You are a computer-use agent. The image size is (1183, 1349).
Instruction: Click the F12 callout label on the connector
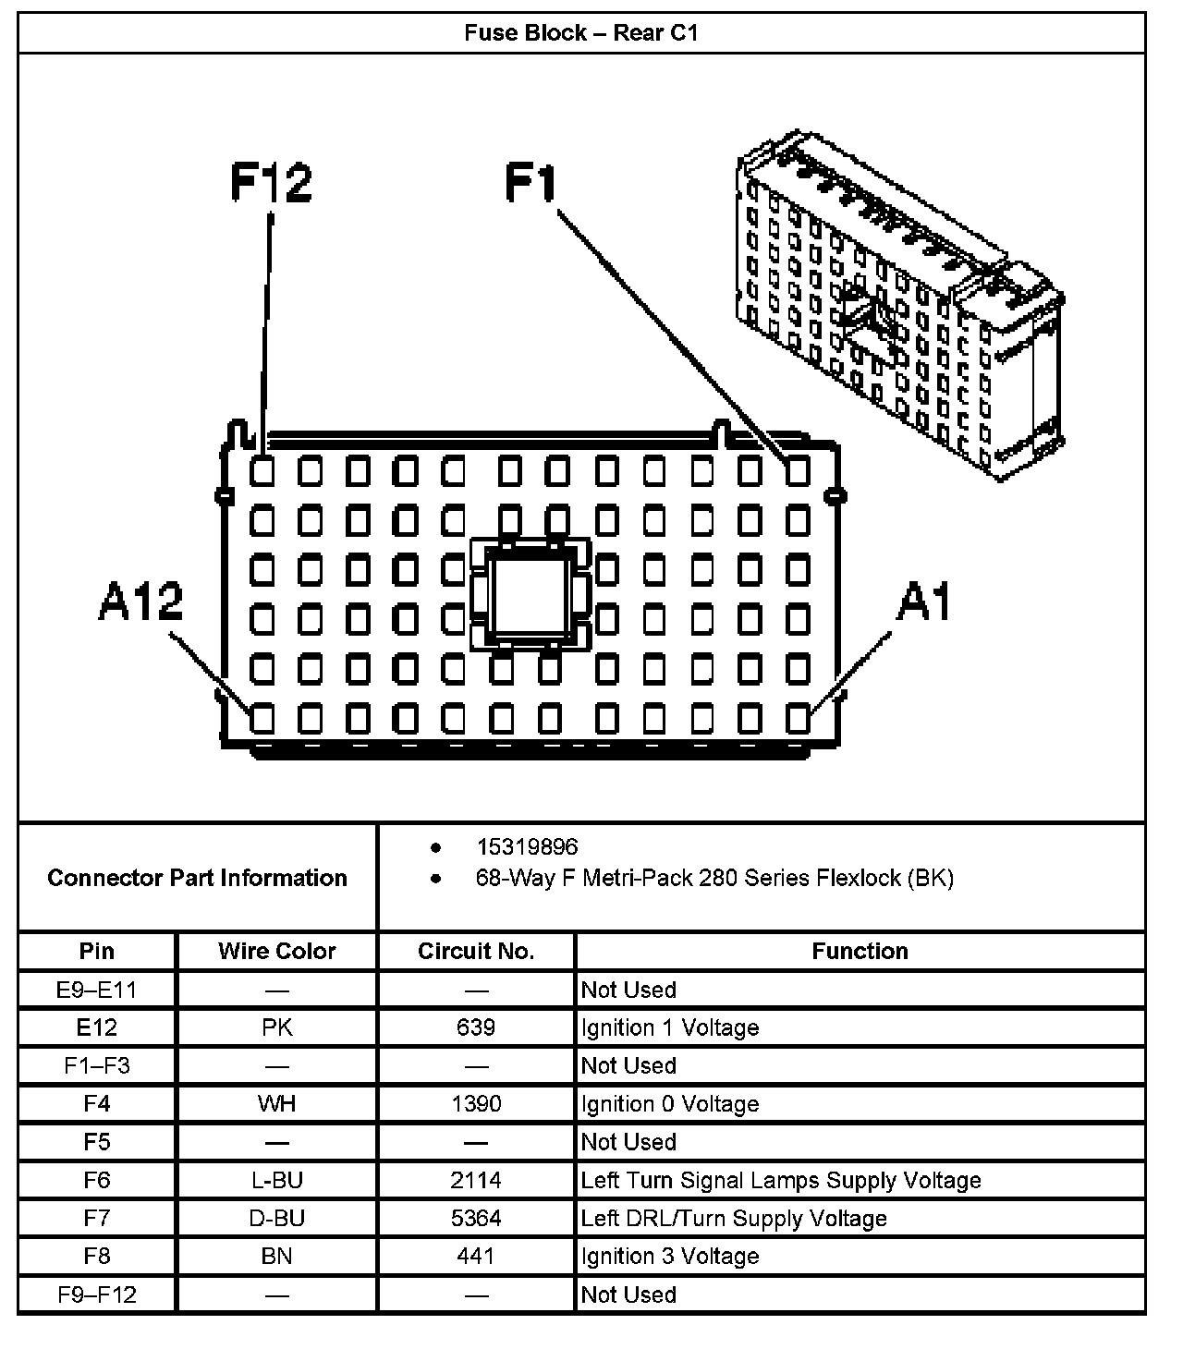tap(270, 182)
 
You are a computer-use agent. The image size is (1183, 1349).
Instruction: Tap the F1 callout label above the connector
tap(531, 182)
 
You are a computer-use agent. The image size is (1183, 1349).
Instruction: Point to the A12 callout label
tap(140, 602)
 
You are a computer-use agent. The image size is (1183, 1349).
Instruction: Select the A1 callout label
tap(924, 602)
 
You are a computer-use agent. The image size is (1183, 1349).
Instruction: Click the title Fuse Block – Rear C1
tap(581, 33)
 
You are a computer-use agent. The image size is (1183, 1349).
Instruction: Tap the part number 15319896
tap(527, 846)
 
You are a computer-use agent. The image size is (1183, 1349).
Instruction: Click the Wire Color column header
tap(276, 951)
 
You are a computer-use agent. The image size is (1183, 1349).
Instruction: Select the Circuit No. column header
tap(476, 951)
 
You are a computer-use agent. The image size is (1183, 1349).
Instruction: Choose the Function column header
tap(860, 951)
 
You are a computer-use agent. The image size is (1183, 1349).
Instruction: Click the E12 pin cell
tap(97, 1027)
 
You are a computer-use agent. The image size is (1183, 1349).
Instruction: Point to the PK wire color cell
tap(276, 1027)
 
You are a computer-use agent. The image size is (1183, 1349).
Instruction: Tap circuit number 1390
tap(476, 1103)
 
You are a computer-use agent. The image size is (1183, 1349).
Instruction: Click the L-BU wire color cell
tap(276, 1180)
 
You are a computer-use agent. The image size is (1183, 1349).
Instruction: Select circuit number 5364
tap(476, 1218)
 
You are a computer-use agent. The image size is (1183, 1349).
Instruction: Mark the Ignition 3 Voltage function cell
tap(670, 1256)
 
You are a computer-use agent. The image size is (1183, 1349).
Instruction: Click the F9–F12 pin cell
tap(97, 1294)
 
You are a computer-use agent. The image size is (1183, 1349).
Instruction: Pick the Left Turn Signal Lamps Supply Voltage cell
tap(781, 1180)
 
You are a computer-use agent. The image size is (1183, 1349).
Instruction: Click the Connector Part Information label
tap(197, 877)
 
